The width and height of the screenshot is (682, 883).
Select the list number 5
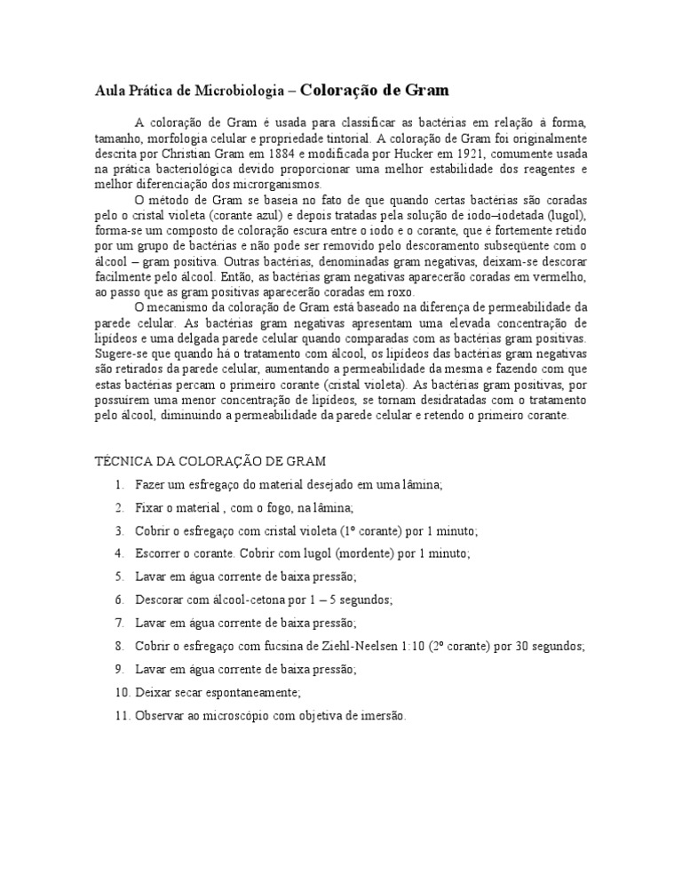click(x=118, y=576)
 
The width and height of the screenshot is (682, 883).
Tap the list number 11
click(x=122, y=714)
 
